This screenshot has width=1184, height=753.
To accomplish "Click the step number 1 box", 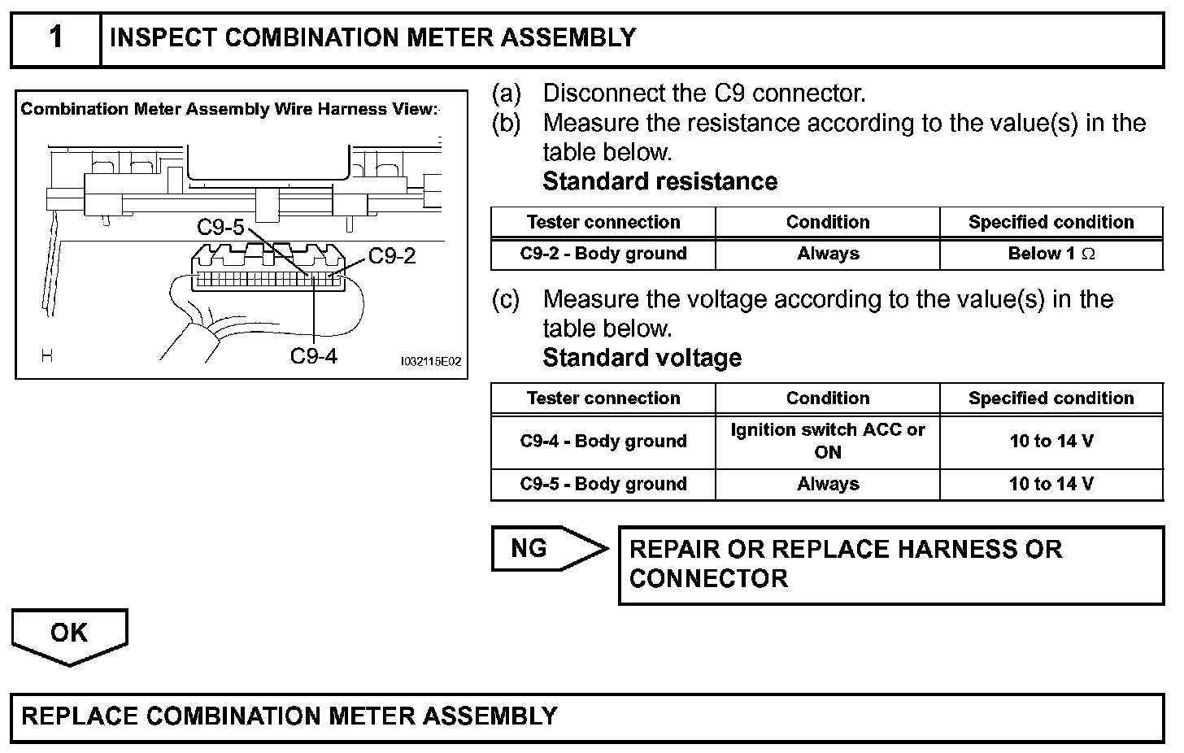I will point(55,38).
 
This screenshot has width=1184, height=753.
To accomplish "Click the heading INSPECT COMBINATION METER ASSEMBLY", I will point(372,38).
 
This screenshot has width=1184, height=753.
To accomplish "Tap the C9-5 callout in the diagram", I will point(220,228).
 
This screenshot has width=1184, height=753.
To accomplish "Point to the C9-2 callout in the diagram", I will point(392,256).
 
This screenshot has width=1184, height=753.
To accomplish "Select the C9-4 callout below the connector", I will point(314,355).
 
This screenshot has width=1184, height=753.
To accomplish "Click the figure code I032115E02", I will point(430,361).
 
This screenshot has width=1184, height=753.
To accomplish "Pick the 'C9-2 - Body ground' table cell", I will point(603,254).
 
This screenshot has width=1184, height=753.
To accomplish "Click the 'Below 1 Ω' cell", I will point(1051,254).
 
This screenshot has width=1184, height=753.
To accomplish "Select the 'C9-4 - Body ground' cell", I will point(603,442).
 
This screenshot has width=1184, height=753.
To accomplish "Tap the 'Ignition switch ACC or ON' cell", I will point(827,441).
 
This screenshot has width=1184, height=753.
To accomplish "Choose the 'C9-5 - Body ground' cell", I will point(603,484).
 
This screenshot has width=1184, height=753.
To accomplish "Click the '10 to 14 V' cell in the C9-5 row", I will point(1051,484).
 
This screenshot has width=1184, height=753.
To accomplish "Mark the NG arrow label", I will point(530,549).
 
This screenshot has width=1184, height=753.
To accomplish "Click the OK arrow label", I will point(69,633).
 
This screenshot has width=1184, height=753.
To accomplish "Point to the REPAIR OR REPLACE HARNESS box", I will point(890,564).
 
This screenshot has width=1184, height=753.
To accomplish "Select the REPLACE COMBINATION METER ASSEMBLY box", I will point(587,716).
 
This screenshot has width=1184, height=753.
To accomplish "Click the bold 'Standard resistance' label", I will point(659,181).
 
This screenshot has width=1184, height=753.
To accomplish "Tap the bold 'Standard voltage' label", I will point(642,358).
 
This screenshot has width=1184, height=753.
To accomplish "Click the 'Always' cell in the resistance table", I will point(827,254).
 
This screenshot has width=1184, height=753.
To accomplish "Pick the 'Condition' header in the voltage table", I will point(827,398).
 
